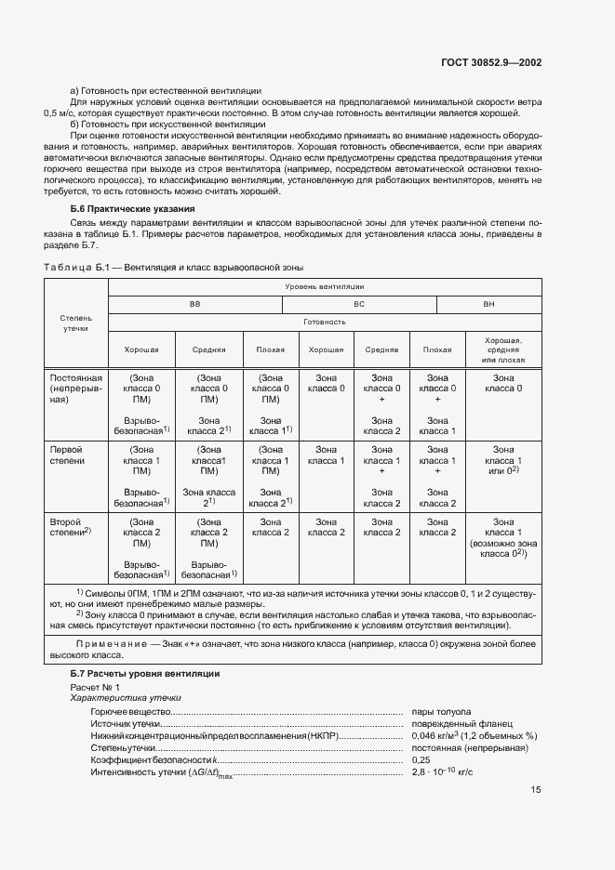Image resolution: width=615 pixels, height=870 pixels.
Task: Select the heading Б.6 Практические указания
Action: pyautogui.click(x=132, y=208)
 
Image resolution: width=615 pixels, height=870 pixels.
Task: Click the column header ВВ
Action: pyautogui.click(x=194, y=304)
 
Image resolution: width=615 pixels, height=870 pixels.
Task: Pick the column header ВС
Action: pyautogui.click(x=358, y=304)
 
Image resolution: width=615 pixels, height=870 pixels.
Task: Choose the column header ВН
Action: pyautogui.click(x=488, y=304)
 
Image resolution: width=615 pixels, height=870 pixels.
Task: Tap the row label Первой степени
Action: pyautogui.click(x=67, y=455)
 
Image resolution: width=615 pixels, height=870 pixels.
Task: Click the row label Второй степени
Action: pyautogui.click(x=70, y=526)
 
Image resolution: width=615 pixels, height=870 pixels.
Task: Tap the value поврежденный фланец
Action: pyautogui.click(x=456, y=722)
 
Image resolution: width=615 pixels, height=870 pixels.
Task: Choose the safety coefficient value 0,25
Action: pyautogui.click(x=421, y=759)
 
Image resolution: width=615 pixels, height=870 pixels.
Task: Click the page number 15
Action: pyautogui.click(x=536, y=790)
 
